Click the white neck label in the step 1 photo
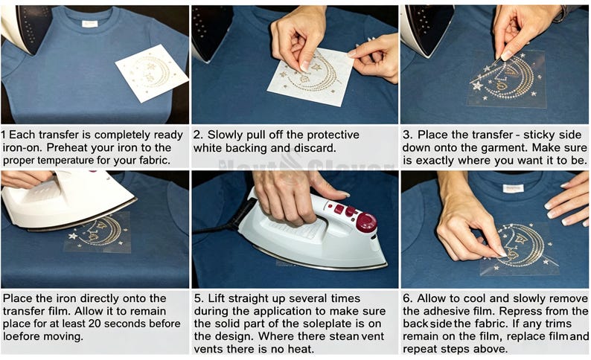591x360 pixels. coord(90,24)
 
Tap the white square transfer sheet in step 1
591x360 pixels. coord(152,73)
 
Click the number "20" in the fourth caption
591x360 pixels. coord(96,324)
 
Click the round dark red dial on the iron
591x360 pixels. coord(366,222)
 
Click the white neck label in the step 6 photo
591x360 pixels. coord(513,189)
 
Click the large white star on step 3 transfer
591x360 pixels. coord(477,86)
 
